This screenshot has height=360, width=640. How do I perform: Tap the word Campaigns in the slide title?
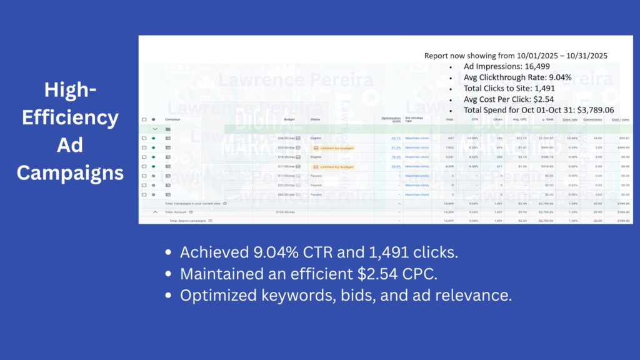(70, 172)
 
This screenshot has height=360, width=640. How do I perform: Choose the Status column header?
(315, 119)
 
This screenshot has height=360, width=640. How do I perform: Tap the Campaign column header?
(172, 119)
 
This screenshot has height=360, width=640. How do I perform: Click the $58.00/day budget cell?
(285, 138)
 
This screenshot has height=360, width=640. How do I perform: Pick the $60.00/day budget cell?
(285, 194)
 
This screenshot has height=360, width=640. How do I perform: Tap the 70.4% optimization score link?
(396, 157)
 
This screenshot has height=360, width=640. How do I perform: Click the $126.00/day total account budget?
(285, 212)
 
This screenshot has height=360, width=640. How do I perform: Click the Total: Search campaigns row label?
(190, 221)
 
